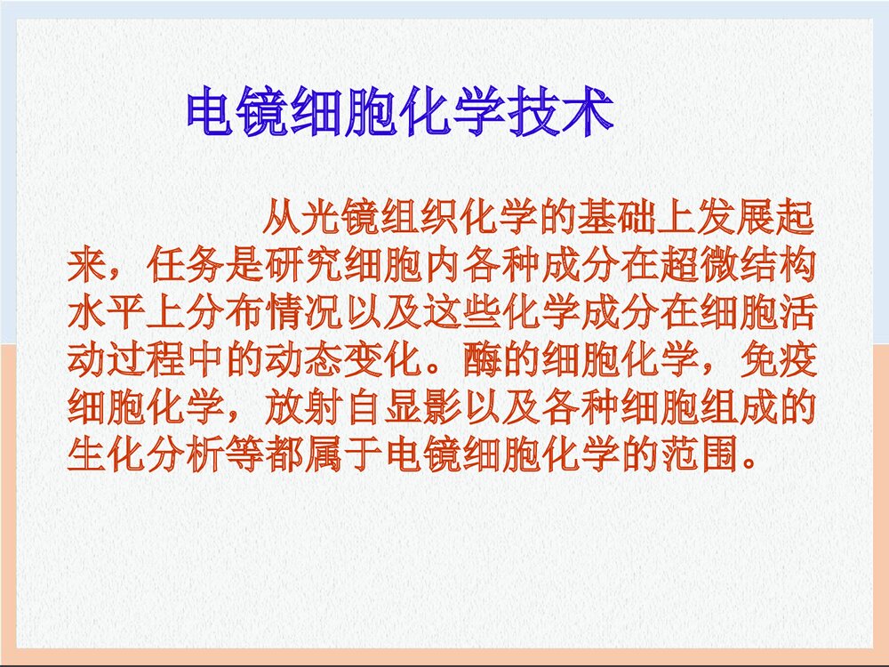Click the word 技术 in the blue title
point(561,113)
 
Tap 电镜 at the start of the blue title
point(238,113)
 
